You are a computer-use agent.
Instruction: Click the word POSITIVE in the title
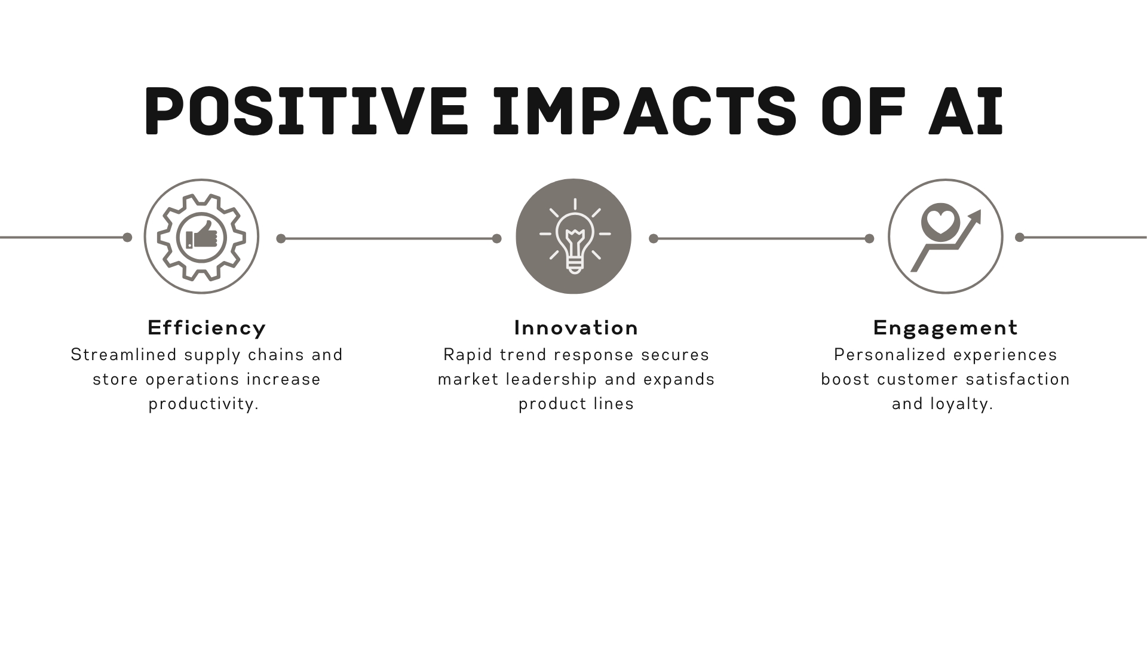[305, 111]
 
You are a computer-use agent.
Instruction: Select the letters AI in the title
[965, 111]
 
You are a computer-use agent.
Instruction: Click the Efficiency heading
[207, 328]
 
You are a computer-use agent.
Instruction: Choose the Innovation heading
[576, 327]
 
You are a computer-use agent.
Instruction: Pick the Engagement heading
[945, 328]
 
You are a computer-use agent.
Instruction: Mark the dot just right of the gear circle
[281, 238]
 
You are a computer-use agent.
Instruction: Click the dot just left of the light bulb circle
[496, 238]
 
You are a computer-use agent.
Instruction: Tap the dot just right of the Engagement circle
[1020, 237]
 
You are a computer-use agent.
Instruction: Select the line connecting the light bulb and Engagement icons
[761, 238]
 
